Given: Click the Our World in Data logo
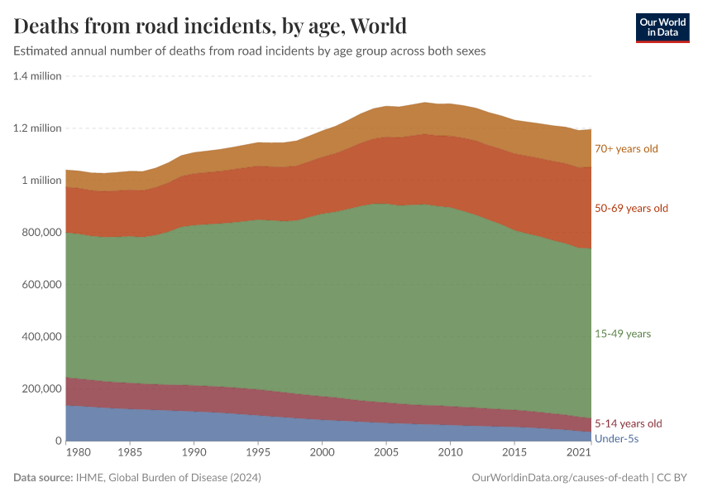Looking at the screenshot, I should coord(662,27).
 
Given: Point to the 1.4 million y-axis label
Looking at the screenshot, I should coord(37,76).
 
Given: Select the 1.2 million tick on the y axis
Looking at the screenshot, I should coord(37,128).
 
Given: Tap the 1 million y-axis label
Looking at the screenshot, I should coord(41,181).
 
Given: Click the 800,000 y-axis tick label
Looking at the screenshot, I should coord(39,233).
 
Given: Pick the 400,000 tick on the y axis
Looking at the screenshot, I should coord(39,337).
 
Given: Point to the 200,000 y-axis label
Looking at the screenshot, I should coord(39,389).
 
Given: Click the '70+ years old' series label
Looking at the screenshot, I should coord(626,149).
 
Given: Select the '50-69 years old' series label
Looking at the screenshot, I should coord(631,209).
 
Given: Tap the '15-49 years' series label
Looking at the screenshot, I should coord(623,334).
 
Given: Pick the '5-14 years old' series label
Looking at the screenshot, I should coord(629,424).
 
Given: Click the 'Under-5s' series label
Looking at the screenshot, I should coord(617,438).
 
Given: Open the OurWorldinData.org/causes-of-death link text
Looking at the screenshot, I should coord(559,478).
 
